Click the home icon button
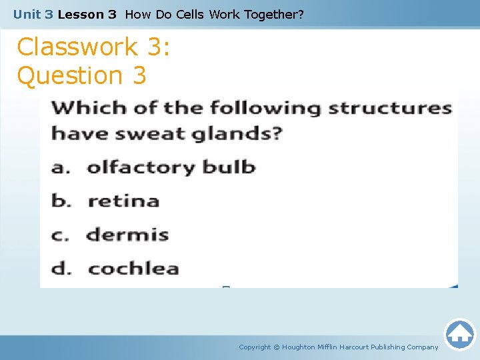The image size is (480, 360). point(459,334)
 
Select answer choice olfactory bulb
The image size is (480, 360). point(171,167)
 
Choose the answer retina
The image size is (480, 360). point(123,201)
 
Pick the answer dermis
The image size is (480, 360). point(127,235)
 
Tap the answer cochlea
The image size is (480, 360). point(133,269)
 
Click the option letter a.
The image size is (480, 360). point(61,167)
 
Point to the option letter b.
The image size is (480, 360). point(61,201)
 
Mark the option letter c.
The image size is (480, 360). point(61,235)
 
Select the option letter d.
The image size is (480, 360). point(61,269)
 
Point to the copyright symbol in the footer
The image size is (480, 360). point(277,347)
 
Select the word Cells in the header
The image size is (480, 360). point(190,13)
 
